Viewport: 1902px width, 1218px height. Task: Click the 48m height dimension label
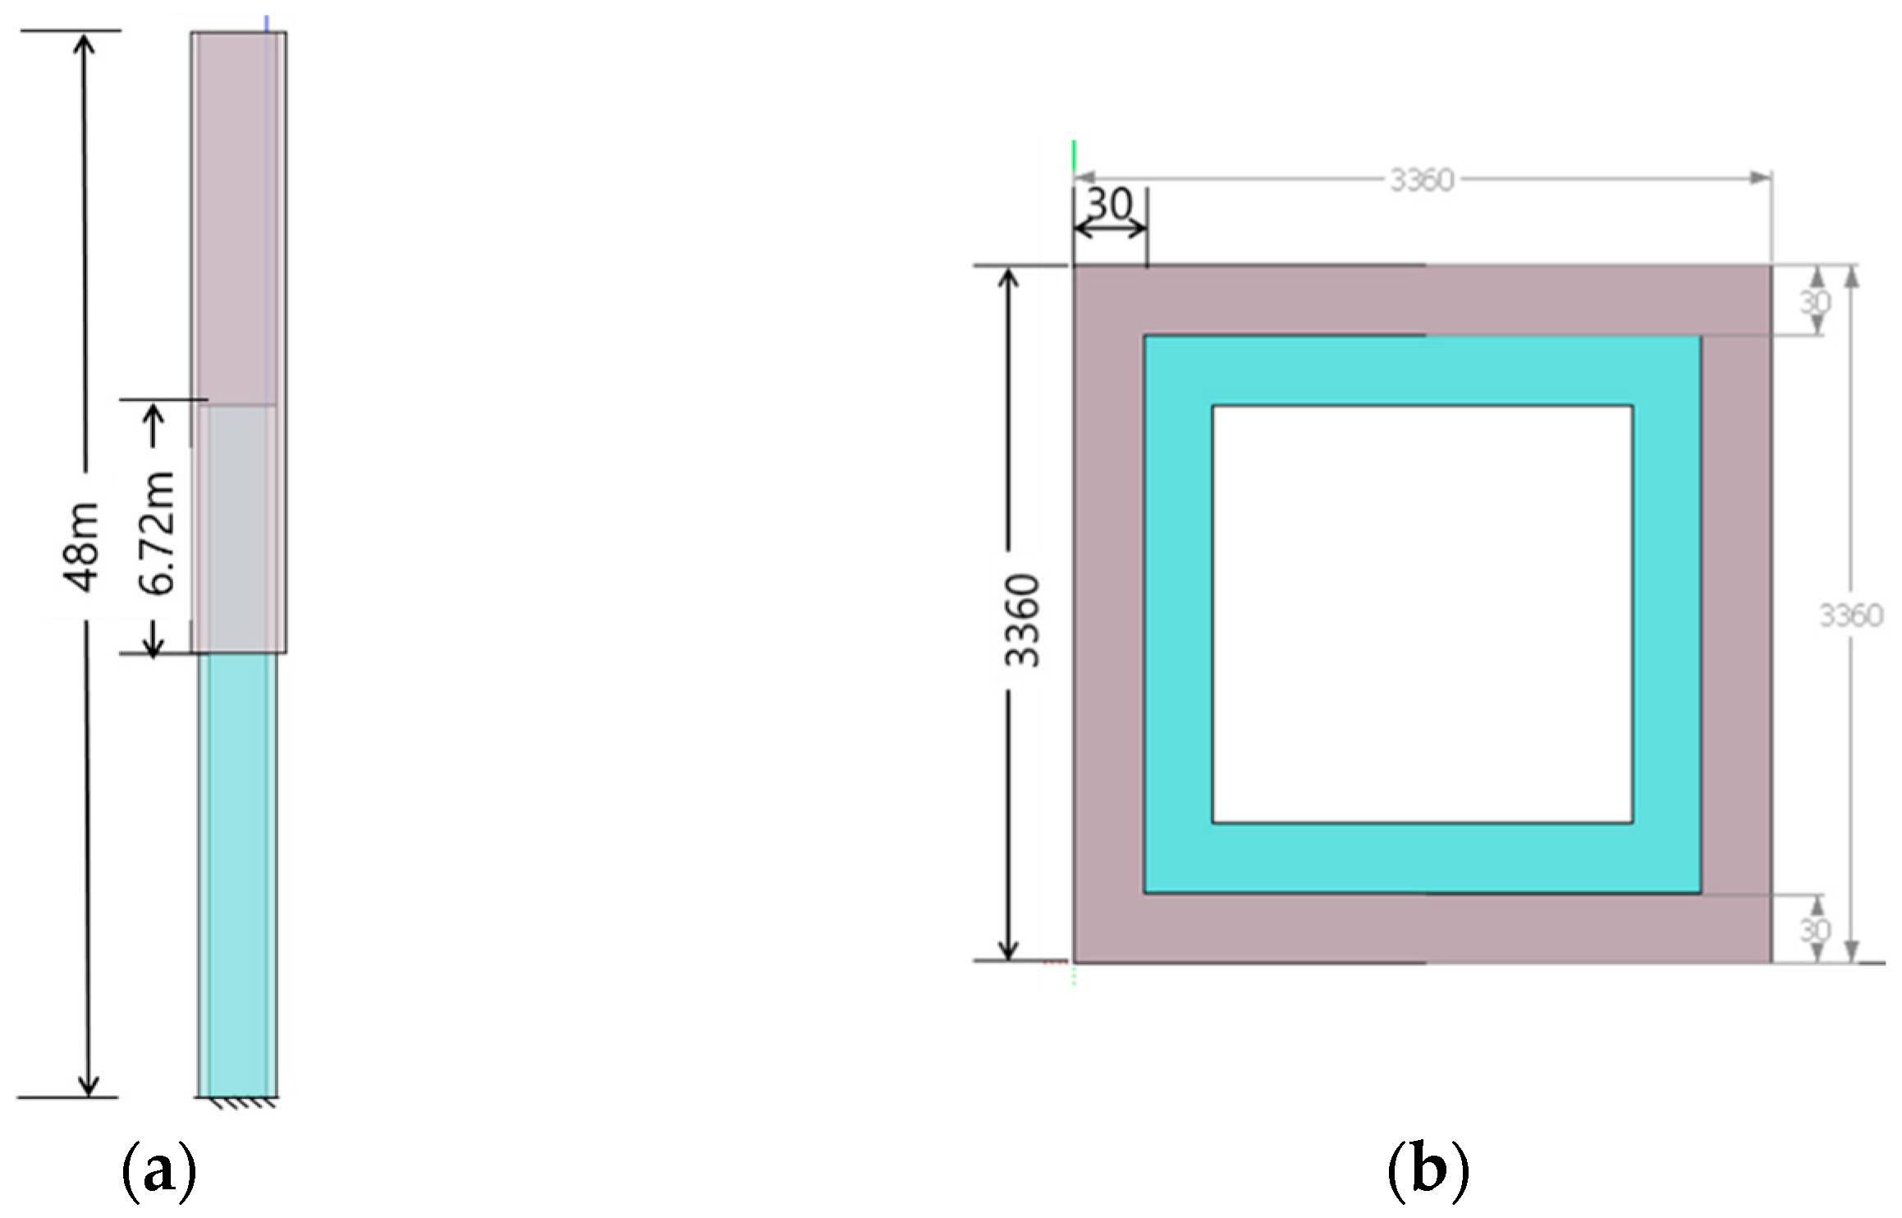tap(82, 547)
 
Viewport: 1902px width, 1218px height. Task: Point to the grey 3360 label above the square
tap(1422, 180)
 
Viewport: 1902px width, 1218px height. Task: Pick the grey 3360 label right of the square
tap(1850, 616)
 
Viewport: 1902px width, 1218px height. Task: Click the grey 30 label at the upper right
tap(1815, 303)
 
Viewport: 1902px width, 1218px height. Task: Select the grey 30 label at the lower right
tap(1815, 930)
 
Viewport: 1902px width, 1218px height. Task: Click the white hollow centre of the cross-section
tap(1422, 614)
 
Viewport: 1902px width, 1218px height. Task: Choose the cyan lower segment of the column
tap(238, 870)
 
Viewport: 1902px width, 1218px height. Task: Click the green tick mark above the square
tap(1074, 156)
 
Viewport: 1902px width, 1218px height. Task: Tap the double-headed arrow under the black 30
tap(1110, 231)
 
